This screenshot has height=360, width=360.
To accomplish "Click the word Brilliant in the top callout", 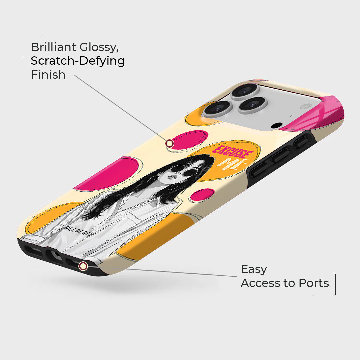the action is pyautogui.click(x=53, y=47).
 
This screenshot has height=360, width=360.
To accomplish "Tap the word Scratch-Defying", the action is pyautogui.click(x=78, y=61).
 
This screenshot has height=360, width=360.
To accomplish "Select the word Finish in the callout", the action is pyautogui.click(x=48, y=75).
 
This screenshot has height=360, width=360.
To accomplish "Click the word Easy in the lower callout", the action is pyautogui.click(x=254, y=270).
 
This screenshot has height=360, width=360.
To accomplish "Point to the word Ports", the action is pyautogui.click(x=314, y=283).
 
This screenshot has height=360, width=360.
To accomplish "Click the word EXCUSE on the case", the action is pyautogui.click(x=232, y=152).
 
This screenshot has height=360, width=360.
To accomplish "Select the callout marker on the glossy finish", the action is pyautogui.click(x=169, y=143).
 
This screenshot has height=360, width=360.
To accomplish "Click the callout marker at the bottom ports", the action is pyautogui.click(x=83, y=266).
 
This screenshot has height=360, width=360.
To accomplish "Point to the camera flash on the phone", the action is pyautogui.click(x=306, y=106).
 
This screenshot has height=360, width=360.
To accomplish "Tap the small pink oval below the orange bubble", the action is pyautogui.click(x=202, y=195).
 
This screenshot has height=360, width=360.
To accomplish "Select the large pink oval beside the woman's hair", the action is pyautogui.click(x=108, y=174).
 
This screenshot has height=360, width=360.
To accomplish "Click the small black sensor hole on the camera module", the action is pyautogui.click(x=276, y=126).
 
